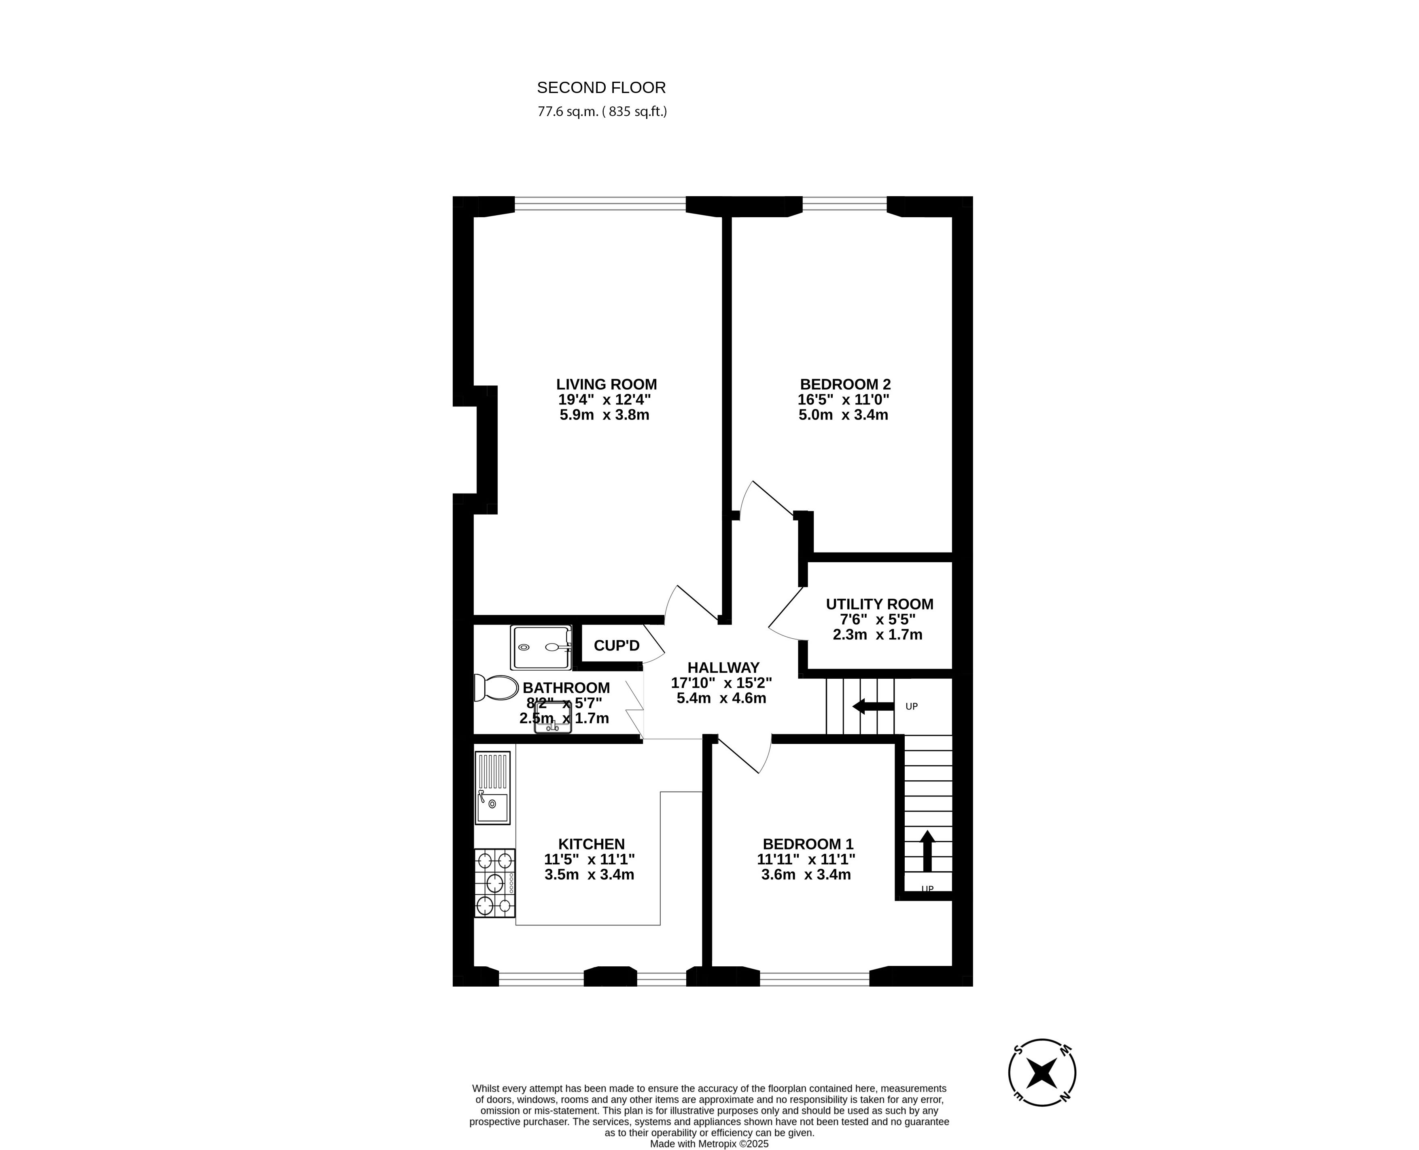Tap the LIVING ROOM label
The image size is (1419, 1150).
(606, 384)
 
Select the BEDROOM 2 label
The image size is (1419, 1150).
(845, 384)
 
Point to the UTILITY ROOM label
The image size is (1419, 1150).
(879, 604)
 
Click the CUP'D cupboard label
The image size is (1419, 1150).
(616, 645)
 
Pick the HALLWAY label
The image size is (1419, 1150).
(723, 668)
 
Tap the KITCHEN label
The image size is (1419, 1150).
(591, 844)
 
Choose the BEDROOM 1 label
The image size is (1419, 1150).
(808, 844)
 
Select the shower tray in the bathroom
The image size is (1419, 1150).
(541, 647)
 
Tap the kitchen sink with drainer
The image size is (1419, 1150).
(492, 788)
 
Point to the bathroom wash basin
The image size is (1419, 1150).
(552, 718)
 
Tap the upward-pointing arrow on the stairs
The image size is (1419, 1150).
(927, 851)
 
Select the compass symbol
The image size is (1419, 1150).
(1042, 1072)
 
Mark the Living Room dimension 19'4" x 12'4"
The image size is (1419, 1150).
(604, 400)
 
